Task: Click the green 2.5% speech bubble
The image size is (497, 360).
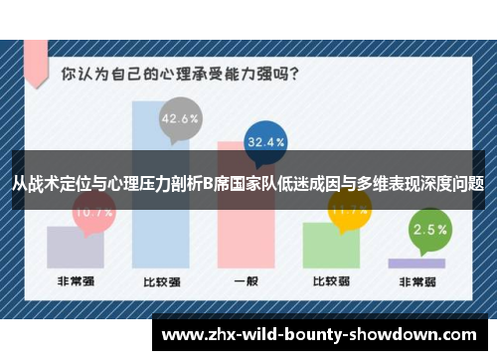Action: click(429, 229)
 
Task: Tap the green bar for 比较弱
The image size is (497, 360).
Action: click(332, 244)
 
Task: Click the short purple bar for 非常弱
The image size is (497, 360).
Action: click(416, 263)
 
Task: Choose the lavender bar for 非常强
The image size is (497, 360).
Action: click(76, 246)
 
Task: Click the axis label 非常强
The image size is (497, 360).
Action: click(76, 281)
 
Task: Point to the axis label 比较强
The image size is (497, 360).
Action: click(160, 281)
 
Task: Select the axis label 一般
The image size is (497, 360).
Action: click(247, 281)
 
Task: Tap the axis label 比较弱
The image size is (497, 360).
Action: click(332, 281)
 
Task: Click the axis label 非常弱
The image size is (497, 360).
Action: click(416, 281)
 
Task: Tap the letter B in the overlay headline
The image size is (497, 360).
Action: click(207, 183)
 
